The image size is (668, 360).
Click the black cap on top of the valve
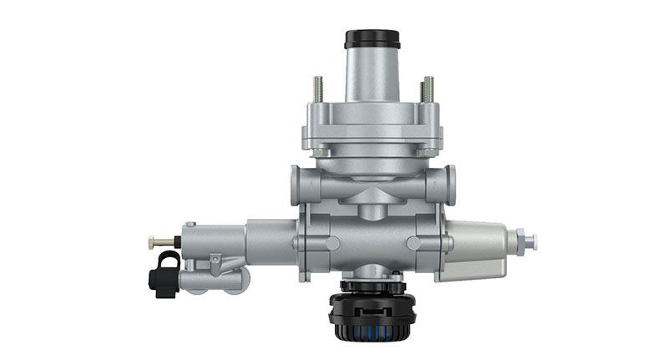(x=372, y=38)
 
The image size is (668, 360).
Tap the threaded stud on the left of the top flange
(x=319, y=89)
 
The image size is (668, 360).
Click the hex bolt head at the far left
(x=152, y=242)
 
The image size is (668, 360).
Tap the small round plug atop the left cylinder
(x=190, y=224)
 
